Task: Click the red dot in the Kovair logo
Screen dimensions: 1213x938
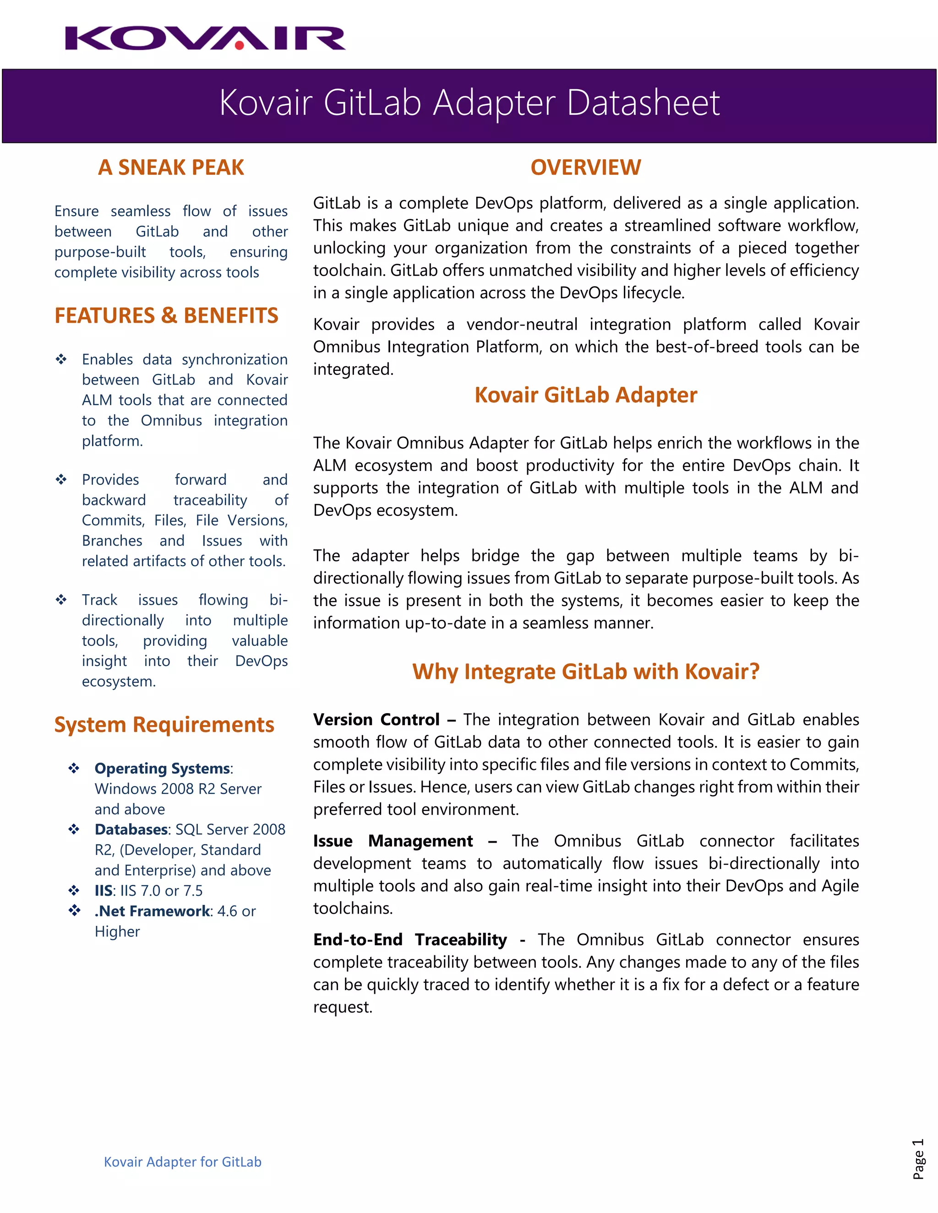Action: (x=240, y=45)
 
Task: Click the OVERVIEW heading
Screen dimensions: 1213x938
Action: (x=585, y=167)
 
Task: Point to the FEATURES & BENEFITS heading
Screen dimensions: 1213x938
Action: (x=166, y=315)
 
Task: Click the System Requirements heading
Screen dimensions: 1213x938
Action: (x=164, y=725)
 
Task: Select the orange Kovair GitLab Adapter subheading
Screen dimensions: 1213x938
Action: (x=585, y=395)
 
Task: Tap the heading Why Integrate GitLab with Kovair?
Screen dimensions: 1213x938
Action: (x=585, y=671)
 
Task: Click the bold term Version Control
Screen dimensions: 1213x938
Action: (x=376, y=720)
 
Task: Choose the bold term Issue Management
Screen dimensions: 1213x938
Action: (x=393, y=841)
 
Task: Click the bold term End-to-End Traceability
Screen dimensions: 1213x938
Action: (x=409, y=940)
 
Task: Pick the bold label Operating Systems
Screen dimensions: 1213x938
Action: (x=162, y=769)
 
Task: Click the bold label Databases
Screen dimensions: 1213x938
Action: (x=131, y=830)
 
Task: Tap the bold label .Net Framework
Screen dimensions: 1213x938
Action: (x=152, y=911)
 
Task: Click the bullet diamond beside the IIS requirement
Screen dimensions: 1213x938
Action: (x=74, y=891)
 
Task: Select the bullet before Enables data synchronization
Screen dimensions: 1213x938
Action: (x=61, y=359)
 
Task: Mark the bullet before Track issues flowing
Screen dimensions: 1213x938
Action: (x=61, y=600)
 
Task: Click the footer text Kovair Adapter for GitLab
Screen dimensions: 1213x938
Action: (x=182, y=1162)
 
